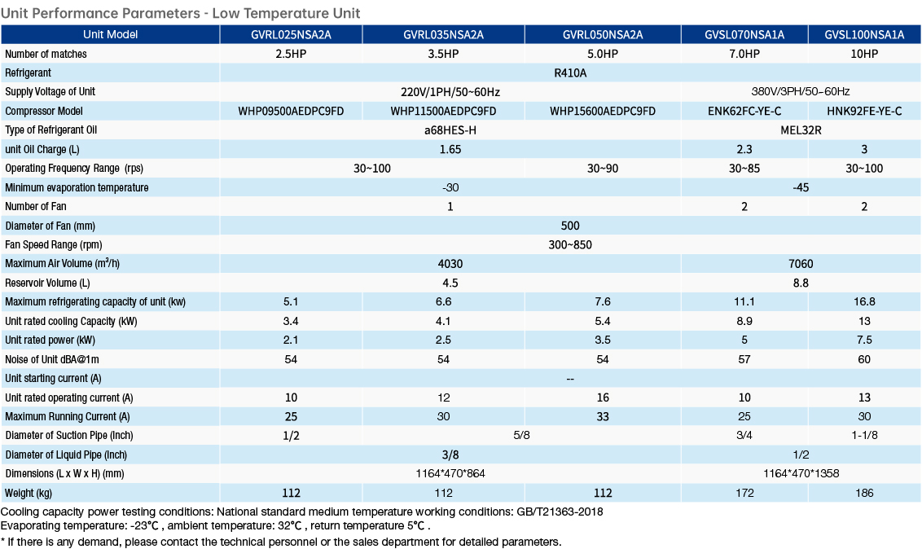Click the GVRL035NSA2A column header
(x=443, y=35)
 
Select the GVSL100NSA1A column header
(x=864, y=35)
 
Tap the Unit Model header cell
(x=110, y=35)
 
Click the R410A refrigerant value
(x=570, y=72)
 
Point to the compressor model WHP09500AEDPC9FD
(x=291, y=111)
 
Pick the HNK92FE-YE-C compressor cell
(x=864, y=111)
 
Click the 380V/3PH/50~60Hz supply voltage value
(x=801, y=92)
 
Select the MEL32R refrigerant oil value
(x=801, y=130)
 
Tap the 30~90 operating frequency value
(x=603, y=168)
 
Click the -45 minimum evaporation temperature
(x=801, y=187)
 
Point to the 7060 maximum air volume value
(x=801, y=264)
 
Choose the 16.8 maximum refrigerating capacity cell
(x=864, y=301)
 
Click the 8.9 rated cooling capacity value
(x=744, y=321)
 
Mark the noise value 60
(x=864, y=359)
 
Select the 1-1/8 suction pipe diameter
(x=864, y=436)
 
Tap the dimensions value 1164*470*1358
(x=801, y=474)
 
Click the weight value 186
(x=864, y=493)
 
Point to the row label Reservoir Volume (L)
(x=47, y=283)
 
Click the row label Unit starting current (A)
(x=53, y=379)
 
